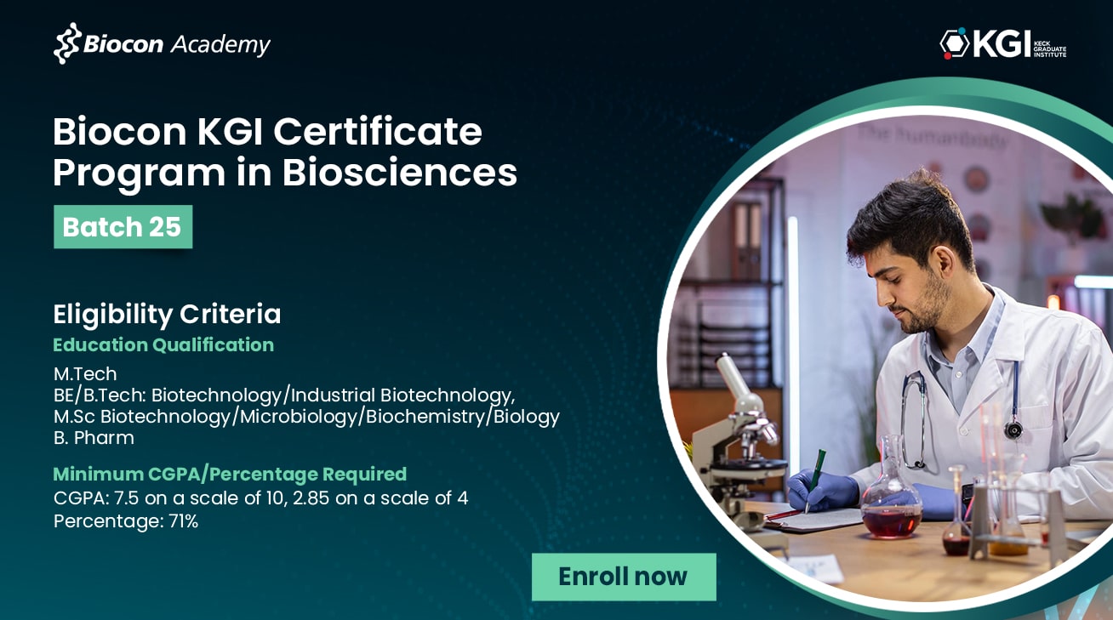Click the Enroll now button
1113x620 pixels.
tap(624, 577)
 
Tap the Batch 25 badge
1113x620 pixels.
tap(123, 226)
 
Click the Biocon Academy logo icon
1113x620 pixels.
tap(66, 43)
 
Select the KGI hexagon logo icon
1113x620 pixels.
tap(954, 43)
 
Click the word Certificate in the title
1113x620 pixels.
tap(378, 132)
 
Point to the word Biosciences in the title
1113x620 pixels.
tap(400, 173)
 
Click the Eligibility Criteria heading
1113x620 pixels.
tap(167, 314)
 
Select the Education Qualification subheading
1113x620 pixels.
tap(163, 344)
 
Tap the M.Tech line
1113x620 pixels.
tap(85, 373)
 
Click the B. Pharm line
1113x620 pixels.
tap(94, 438)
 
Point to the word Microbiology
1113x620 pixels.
tap(298, 417)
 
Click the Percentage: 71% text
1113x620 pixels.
tap(126, 521)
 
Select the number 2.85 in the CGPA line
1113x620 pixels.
tap(311, 498)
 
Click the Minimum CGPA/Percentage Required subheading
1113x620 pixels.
tap(230, 474)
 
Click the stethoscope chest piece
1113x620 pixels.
tap(1013, 429)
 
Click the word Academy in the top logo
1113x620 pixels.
tap(220, 45)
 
